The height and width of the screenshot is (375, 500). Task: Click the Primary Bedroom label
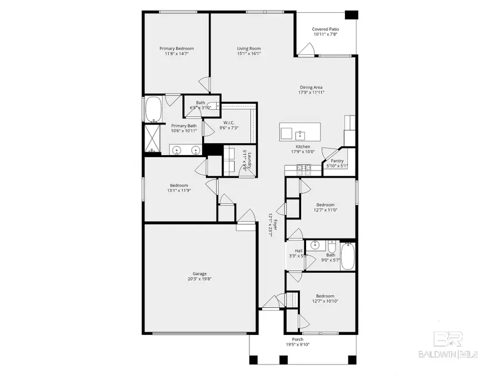pos(176,48)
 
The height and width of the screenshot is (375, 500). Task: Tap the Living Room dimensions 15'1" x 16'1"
pos(249,54)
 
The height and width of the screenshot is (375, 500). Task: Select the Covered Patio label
pos(325,29)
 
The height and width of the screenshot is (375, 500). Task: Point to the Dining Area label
pos(311,87)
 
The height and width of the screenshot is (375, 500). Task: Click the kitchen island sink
pos(300,134)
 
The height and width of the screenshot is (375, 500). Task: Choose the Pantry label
pos(337,161)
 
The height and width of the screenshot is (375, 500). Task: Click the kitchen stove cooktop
pos(303,167)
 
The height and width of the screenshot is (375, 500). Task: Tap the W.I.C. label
pos(229,122)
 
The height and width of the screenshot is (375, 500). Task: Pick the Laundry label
pos(251,161)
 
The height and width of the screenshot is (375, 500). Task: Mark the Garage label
pos(199,273)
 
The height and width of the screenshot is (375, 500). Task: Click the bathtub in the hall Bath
pos(348,256)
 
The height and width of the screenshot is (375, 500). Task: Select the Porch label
pos(298,339)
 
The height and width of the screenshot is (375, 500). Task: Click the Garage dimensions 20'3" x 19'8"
pos(199,279)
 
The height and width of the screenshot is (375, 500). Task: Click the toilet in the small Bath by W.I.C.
pos(213,106)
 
